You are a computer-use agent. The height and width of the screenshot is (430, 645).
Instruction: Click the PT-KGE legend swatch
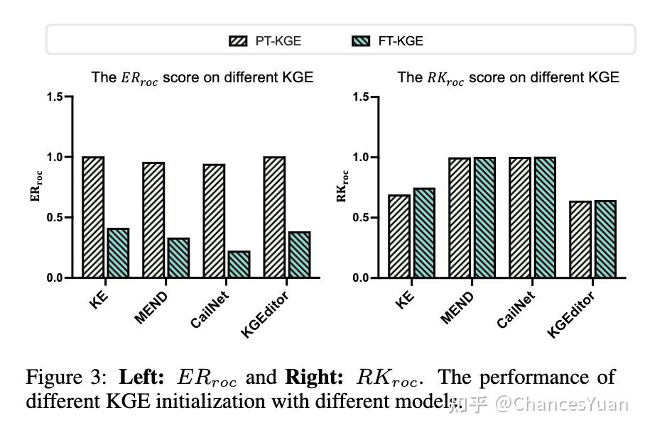click(238, 41)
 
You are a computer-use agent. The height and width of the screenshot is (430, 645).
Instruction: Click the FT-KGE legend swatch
click(361, 41)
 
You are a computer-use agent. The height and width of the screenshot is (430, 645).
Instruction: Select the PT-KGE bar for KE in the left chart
click(93, 217)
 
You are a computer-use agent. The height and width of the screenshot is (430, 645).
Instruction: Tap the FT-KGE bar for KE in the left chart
click(118, 253)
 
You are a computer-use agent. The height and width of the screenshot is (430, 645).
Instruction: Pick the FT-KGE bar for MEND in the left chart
click(178, 258)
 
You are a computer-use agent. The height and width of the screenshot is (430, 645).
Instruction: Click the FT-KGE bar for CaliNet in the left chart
click(239, 264)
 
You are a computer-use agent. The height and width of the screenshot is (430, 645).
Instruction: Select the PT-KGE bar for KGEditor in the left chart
click(274, 217)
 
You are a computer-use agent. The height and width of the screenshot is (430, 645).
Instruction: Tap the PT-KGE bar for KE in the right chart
click(399, 236)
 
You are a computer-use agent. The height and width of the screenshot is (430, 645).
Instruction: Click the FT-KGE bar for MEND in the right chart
click(484, 217)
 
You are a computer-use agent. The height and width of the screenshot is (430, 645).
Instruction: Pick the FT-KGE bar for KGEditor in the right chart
click(605, 239)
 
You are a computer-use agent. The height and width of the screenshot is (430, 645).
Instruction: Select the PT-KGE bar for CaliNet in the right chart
click(520, 217)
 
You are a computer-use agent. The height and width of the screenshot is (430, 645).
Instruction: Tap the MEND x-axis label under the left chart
click(151, 307)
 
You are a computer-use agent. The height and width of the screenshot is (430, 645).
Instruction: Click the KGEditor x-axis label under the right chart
click(571, 314)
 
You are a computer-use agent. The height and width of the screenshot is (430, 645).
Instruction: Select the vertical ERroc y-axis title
click(35, 186)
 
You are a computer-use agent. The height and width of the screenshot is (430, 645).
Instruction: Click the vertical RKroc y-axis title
click(342, 186)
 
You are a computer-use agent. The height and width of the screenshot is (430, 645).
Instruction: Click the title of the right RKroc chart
click(507, 77)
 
